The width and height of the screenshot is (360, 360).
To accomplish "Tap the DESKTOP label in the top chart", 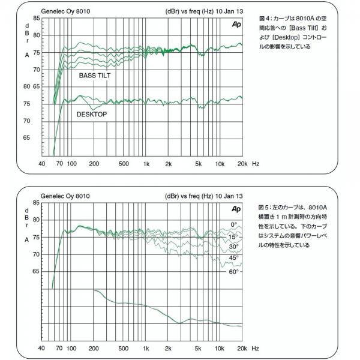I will click(x=92, y=113).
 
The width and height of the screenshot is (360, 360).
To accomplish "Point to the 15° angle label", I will click(x=233, y=236).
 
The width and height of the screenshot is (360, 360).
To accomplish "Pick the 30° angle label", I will click(x=233, y=247).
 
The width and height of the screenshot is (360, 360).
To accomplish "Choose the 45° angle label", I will click(x=233, y=259).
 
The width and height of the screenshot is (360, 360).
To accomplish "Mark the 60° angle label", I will click(x=233, y=271).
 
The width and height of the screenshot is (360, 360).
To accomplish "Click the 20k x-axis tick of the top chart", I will click(x=241, y=164).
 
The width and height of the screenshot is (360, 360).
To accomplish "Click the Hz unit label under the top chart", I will click(x=256, y=164).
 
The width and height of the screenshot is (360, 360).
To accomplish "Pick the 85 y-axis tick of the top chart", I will click(x=36, y=18).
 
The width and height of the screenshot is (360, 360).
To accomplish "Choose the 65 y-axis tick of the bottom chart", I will click(x=36, y=271).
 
